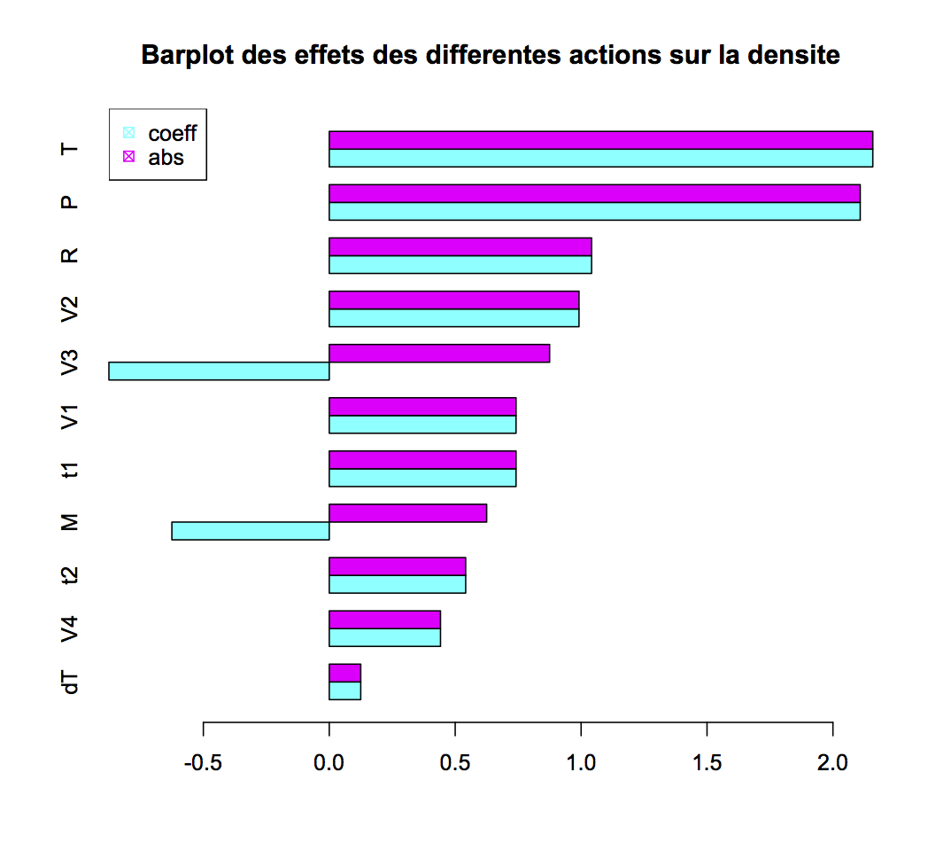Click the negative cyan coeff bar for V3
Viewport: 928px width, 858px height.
click(x=219, y=370)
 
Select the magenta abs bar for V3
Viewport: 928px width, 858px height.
click(x=439, y=353)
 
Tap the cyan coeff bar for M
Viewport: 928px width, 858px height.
click(x=251, y=530)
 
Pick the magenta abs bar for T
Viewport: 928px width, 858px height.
click(x=600, y=140)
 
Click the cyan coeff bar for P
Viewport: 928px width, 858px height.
click(x=594, y=211)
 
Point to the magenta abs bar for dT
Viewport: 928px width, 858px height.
click(x=344, y=673)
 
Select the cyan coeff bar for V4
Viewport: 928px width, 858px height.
click(x=384, y=637)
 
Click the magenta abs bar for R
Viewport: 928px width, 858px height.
click(x=460, y=246)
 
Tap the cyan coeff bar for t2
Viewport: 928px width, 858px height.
click(x=397, y=584)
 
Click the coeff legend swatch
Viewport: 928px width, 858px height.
click(x=128, y=133)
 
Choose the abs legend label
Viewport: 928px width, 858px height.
click(x=166, y=158)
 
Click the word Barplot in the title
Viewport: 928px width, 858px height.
click(x=188, y=56)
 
